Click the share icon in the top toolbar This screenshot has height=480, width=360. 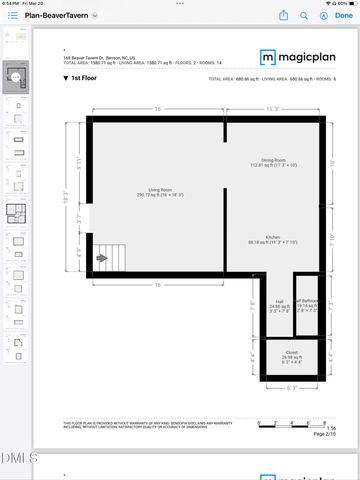coord(285,15)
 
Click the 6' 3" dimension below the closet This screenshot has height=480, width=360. coord(291,387)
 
